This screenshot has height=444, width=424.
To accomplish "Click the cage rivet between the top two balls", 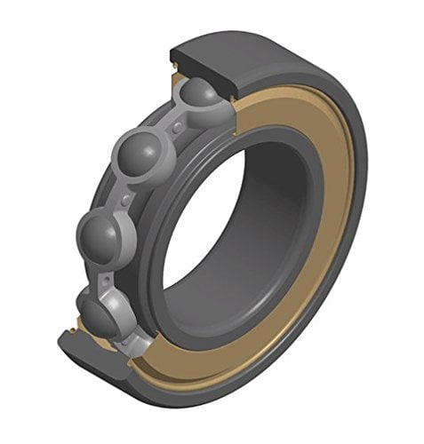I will pyautogui.click(x=179, y=127).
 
